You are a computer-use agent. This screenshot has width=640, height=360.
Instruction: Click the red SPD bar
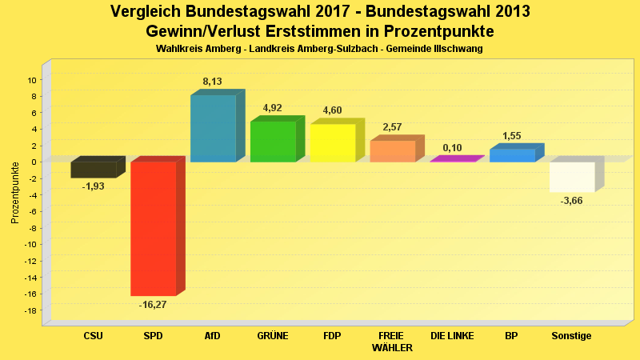click(154, 228)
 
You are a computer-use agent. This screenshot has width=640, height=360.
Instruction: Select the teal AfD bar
click(213, 128)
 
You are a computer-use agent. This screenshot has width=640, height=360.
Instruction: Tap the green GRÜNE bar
click(273, 142)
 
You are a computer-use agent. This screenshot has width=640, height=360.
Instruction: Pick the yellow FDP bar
click(333, 143)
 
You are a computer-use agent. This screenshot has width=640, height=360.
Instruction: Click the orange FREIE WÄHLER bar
click(393, 151)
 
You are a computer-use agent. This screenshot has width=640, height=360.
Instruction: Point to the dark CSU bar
click(94, 170)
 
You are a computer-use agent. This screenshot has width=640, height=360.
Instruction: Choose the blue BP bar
click(512, 155)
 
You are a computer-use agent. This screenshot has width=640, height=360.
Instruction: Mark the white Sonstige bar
click(572, 177)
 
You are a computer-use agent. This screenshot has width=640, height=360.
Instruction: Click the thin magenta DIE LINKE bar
click(453, 160)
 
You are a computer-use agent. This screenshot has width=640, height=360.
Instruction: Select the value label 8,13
click(213, 82)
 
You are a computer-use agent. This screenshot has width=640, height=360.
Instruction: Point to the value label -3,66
click(572, 200)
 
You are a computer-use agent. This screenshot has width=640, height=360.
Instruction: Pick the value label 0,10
click(452, 148)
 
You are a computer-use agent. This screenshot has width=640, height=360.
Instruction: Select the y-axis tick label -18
click(30, 310)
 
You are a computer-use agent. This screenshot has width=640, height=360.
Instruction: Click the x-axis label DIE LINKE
click(452, 336)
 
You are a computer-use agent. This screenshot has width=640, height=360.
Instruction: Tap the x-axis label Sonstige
click(571, 336)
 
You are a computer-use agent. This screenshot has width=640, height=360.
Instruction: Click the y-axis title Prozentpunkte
click(14, 192)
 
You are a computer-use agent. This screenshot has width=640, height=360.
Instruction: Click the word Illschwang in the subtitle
click(457, 49)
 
